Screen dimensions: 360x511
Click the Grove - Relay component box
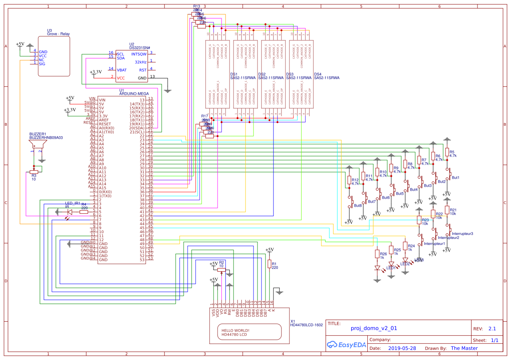tap(53, 56)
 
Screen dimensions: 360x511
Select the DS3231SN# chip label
tap(139, 48)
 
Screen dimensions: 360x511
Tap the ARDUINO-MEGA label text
tap(134, 93)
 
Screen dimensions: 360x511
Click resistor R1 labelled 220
tap(269, 264)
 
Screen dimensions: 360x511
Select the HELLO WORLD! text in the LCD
tap(235, 330)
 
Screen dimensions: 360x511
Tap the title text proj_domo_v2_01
tap(374, 328)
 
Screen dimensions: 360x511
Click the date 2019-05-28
tap(402, 348)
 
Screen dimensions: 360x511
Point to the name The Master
tap(464, 348)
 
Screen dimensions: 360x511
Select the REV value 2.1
tap(492, 329)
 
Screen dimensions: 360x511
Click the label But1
tap(456, 177)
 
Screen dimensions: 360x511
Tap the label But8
tap(358, 206)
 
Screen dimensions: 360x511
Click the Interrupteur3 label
tap(462, 233)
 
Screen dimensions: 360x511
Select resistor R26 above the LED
tap(377, 254)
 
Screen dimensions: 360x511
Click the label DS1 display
tap(234, 74)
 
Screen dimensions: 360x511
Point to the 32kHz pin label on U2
tap(141, 62)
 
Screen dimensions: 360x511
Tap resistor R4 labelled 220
tap(83, 212)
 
